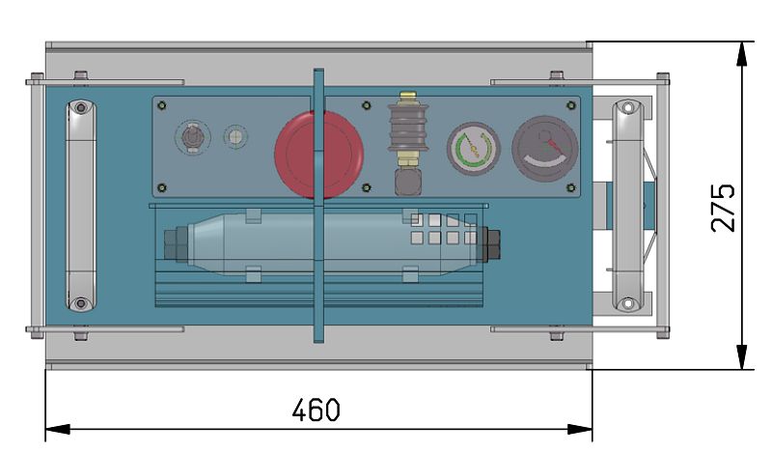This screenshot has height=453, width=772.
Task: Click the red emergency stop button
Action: coord(319,155)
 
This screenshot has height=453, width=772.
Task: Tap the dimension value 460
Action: coord(316,411)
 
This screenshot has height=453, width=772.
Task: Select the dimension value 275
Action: coord(723,208)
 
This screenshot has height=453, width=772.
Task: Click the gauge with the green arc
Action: coord(474,149)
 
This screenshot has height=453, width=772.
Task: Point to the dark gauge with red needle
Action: coord(545,149)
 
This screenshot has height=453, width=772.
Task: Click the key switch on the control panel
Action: coord(192,137)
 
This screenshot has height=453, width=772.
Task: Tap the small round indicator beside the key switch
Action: coord(235,136)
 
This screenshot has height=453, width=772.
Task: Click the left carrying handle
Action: coord(81,206)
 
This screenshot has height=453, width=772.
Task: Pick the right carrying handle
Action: coord(628,206)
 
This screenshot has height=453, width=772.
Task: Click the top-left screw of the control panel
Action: coord(161,105)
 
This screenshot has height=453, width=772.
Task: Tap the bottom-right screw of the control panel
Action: coord(570,187)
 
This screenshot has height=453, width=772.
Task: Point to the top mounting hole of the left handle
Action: coord(81,107)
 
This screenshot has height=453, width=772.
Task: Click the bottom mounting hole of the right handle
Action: coord(628,303)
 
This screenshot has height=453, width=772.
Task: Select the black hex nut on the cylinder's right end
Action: coord(490,244)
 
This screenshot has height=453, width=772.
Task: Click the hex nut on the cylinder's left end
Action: coord(176,244)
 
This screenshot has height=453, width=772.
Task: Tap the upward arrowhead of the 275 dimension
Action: coord(741,53)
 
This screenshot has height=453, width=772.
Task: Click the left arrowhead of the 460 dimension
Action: coord(57,429)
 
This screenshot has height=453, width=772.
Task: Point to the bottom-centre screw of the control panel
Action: coord(366,187)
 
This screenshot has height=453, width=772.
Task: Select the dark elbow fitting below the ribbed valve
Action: coord(407,182)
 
